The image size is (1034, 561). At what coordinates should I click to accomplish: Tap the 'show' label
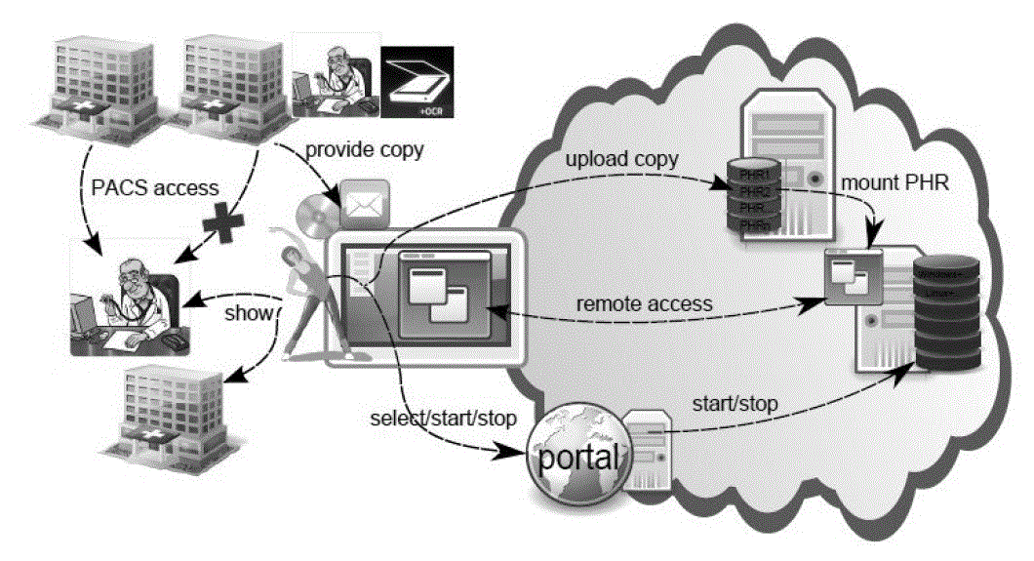tap(242, 314)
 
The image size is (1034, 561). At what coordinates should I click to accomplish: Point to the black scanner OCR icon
tap(416, 83)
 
